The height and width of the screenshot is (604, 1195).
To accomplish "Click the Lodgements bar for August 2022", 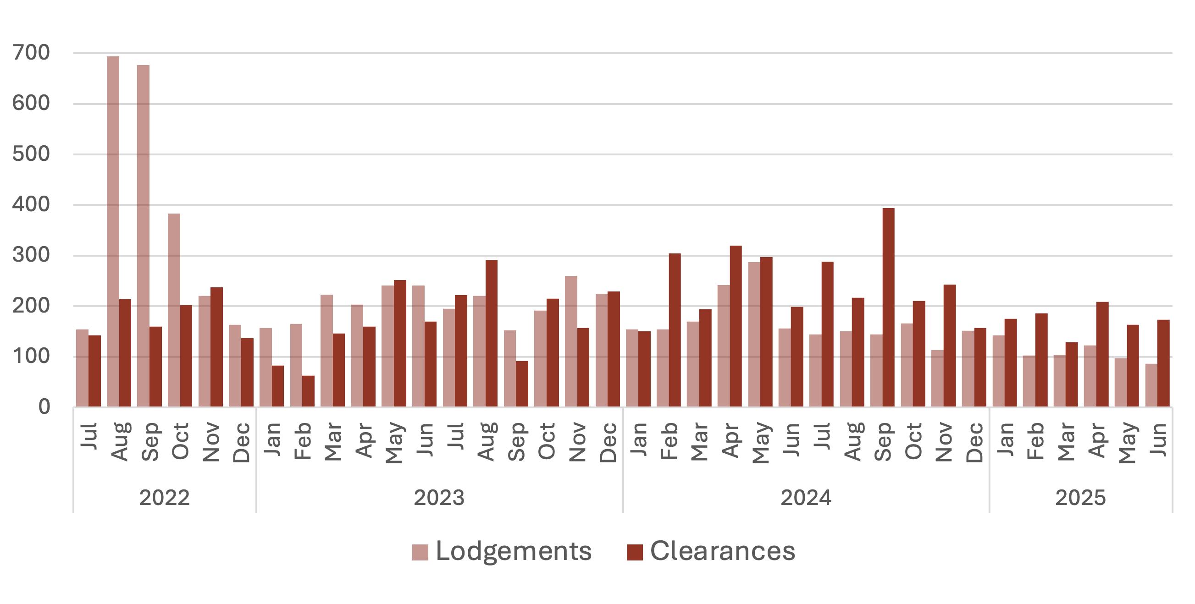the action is click(x=113, y=232).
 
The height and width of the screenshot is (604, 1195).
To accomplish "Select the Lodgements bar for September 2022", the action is click(x=144, y=236).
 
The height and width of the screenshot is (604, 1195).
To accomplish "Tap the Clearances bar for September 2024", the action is click(x=888, y=307).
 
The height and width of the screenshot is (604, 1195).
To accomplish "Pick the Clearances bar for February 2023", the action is click(x=308, y=391).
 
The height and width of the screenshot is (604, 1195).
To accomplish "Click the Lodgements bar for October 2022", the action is click(x=174, y=310).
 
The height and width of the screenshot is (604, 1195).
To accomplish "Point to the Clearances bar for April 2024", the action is click(x=736, y=326).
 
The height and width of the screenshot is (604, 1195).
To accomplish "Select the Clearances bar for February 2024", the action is click(x=675, y=330).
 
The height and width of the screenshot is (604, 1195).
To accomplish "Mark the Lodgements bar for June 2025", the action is click(x=1151, y=385).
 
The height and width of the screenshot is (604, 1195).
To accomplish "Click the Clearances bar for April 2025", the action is click(x=1103, y=355).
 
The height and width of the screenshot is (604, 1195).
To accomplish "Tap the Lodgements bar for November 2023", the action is click(x=571, y=341).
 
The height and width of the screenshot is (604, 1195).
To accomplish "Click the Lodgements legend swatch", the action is click(x=420, y=553).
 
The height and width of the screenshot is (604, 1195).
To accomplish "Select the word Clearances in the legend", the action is click(x=723, y=551).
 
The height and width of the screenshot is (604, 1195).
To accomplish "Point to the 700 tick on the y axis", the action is click(x=32, y=53).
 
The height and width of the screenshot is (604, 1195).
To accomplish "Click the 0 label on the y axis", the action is click(x=44, y=407).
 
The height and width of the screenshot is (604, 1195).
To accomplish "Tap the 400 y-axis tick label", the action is click(x=32, y=204).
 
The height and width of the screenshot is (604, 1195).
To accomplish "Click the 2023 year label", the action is click(x=439, y=498).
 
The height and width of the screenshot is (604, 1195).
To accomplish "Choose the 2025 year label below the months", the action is click(x=1080, y=498).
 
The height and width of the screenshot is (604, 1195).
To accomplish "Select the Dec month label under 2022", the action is click(x=241, y=443).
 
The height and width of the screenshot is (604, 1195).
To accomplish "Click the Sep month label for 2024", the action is click(x=883, y=442).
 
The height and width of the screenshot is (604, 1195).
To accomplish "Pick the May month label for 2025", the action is click(x=1127, y=443).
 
